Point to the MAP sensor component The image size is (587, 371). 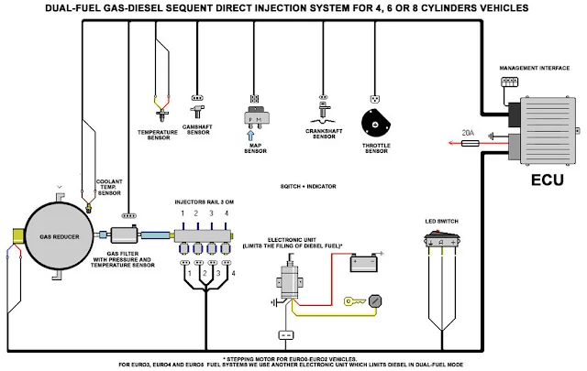pyautogui.click(x=256, y=115)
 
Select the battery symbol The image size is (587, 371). pyautogui.click(x=367, y=263)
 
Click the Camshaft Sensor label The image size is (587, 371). pyautogui.click(x=198, y=130)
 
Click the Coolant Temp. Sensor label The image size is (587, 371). pyautogui.click(x=109, y=187)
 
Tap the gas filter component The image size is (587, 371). pyautogui.click(x=123, y=235)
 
